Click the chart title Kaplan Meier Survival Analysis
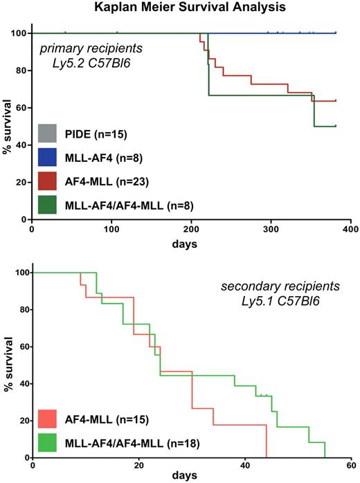(179, 8)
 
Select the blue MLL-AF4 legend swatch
(48, 156)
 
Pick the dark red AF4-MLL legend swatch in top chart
(48, 181)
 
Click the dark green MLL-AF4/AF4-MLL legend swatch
(48, 204)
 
